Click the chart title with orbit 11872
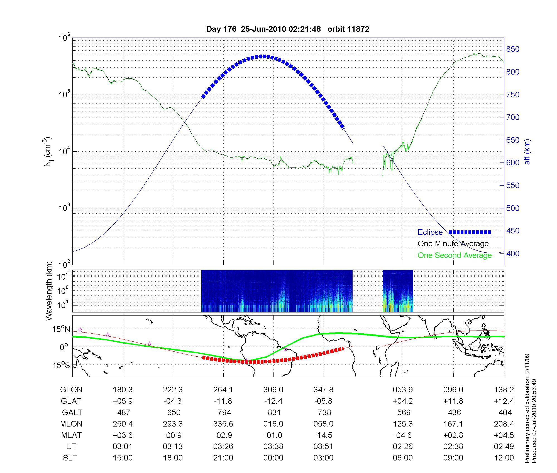coord(288,29)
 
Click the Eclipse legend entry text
coord(430,232)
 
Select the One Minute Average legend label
coord(453,244)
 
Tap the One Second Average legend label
coord(455,255)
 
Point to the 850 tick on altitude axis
coord(513,49)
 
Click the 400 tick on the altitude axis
coord(513,253)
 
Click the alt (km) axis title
coord(527,152)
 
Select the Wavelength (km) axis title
coord(49,291)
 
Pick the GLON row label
coord(71,390)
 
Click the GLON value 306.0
coord(273,390)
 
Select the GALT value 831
coord(274,412)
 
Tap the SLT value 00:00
coord(273,458)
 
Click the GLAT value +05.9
coord(123,401)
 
